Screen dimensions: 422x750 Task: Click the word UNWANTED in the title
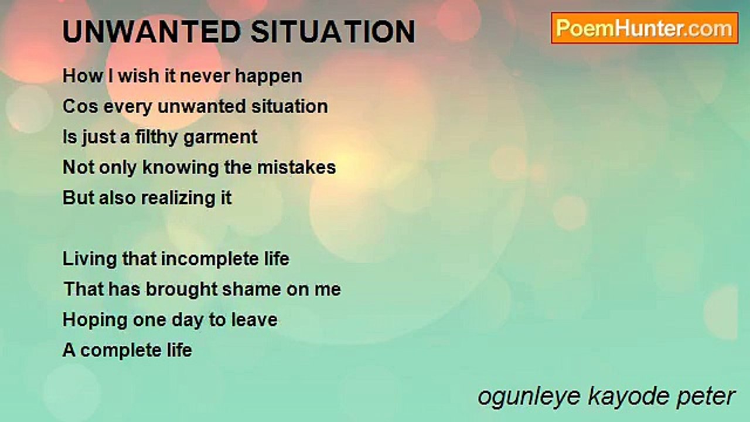(x=151, y=32)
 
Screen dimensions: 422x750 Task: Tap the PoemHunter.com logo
(x=645, y=28)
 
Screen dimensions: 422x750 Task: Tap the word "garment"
(x=220, y=138)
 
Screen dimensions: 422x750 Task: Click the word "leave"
(x=254, y=320)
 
